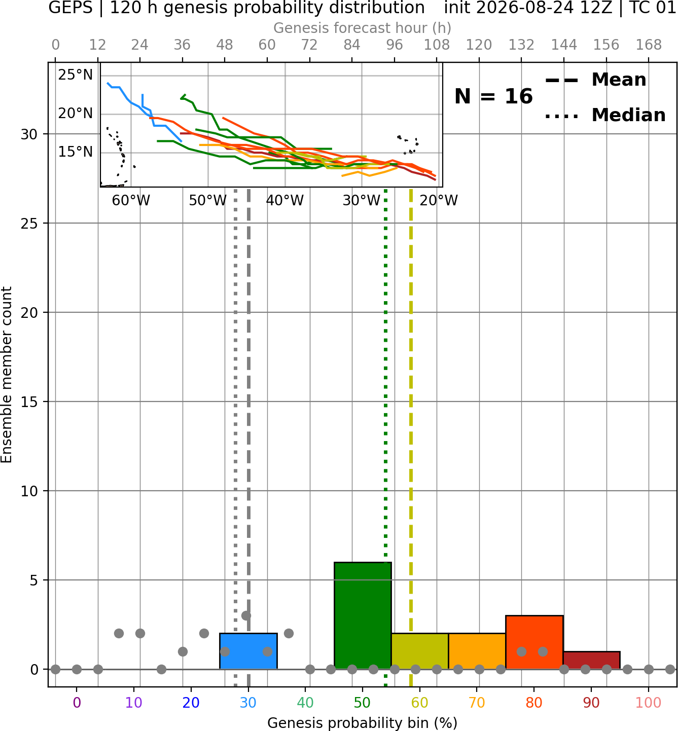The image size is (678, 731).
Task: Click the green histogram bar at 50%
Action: [363, 615]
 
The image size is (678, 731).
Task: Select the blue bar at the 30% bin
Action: [248, 651]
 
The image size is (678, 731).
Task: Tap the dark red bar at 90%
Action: [591, 661]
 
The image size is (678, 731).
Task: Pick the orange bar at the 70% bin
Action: [477, 651]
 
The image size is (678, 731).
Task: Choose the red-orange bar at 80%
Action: [534, 642]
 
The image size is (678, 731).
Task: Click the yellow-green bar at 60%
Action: [420, 651]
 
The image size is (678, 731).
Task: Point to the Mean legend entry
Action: [595, 80]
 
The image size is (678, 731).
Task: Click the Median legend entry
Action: [605, 115]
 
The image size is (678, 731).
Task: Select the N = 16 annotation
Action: [493, 96]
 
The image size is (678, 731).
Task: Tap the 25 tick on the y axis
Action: [29, 224]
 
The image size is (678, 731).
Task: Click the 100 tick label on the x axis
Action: [649, 703]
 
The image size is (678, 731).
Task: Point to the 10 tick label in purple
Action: [134, 703]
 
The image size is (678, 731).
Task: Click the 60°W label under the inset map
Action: [131, 201]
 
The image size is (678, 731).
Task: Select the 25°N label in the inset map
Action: [76, 75]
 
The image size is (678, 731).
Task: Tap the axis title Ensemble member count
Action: [6, 375]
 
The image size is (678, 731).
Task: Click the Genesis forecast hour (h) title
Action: [363, 28]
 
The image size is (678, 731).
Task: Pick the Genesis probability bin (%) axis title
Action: [363, 723]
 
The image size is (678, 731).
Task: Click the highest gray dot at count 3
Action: [246, 615]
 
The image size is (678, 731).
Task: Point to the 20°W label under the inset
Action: [439, 201]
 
